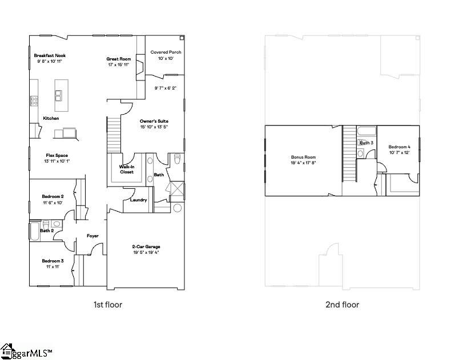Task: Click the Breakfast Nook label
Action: [50, 55]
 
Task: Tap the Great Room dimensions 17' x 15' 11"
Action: [119, 64]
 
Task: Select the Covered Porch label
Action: [166, 52]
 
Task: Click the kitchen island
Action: [59, 100]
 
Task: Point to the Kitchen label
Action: [51, 119]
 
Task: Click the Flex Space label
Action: [57, 155]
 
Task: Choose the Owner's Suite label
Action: [154, 122]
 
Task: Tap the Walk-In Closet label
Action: [126, 169]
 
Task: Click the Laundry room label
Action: [139, 200]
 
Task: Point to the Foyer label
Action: [92, 236]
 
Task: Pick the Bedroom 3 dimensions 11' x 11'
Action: [52, 266]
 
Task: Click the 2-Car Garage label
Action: [146, 246]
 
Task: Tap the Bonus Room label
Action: [303, 157]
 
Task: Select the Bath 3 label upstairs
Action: [367, 143]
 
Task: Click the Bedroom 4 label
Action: [400, 147]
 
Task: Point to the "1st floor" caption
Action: [108, 305]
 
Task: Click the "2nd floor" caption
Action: [342, 305]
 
